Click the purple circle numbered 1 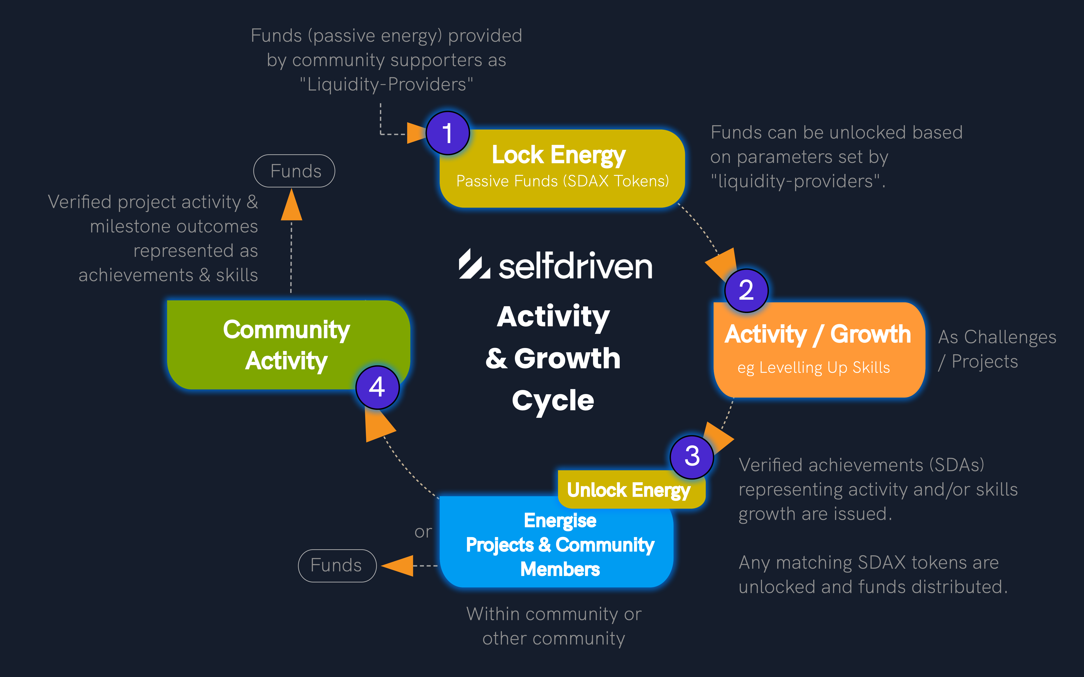[447, 133]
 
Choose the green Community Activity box [287, 345]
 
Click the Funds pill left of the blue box [337, 566]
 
